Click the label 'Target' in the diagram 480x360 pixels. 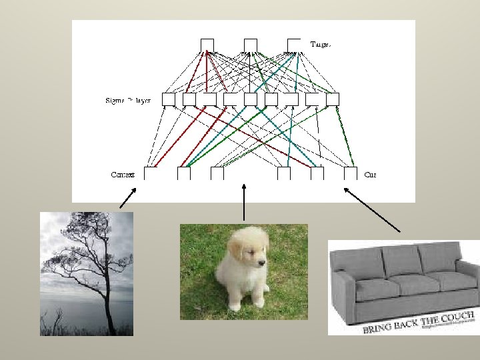click(321, 44)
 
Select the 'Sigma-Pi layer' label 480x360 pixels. click(128, 101)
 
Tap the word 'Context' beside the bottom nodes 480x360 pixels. click(123, 175)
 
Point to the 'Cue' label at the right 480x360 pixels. click(371, 175)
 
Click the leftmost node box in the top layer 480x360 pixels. click(207, 45)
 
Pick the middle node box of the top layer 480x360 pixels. click(250, 45)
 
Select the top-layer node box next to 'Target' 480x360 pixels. click(293, 45)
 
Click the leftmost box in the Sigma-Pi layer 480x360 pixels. click(169, 99)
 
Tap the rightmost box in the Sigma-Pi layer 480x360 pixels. click(333, 99)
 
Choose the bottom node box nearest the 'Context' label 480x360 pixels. click(151, 173)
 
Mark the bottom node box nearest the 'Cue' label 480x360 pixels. click(351, 173)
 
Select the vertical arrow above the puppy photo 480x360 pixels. click(245, 200)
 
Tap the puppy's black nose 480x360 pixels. click(262, 263)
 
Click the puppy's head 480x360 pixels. click(247, 250)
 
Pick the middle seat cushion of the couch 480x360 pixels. click(399, 285)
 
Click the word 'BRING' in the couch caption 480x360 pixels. click(378, 329)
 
